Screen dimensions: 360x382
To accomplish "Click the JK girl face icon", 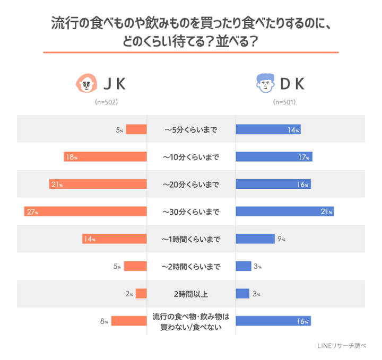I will (x=86, y=83).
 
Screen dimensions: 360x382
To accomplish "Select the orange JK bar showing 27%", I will (x=85, y=212).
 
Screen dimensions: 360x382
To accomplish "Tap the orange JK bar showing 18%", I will (x=105, y=157).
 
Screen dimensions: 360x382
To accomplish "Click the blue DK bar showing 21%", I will (x=284, y=212).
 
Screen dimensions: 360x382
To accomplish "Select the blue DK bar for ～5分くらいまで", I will (x=268, y=129).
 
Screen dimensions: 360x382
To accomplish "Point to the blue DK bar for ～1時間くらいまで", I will (x=255, y=239).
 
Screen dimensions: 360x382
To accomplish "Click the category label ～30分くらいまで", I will (x=190, y=212).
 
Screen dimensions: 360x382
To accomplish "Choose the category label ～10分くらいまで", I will (x=190, y=157).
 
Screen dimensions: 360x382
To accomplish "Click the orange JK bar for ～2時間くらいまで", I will (x=135, y=266).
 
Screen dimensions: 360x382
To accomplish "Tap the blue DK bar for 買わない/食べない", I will (x=273, y=321).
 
